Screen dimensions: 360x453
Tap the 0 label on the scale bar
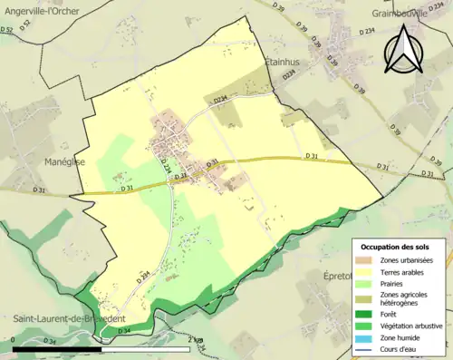(x=14, y=341)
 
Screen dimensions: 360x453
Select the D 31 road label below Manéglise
(x=39, y=190)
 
